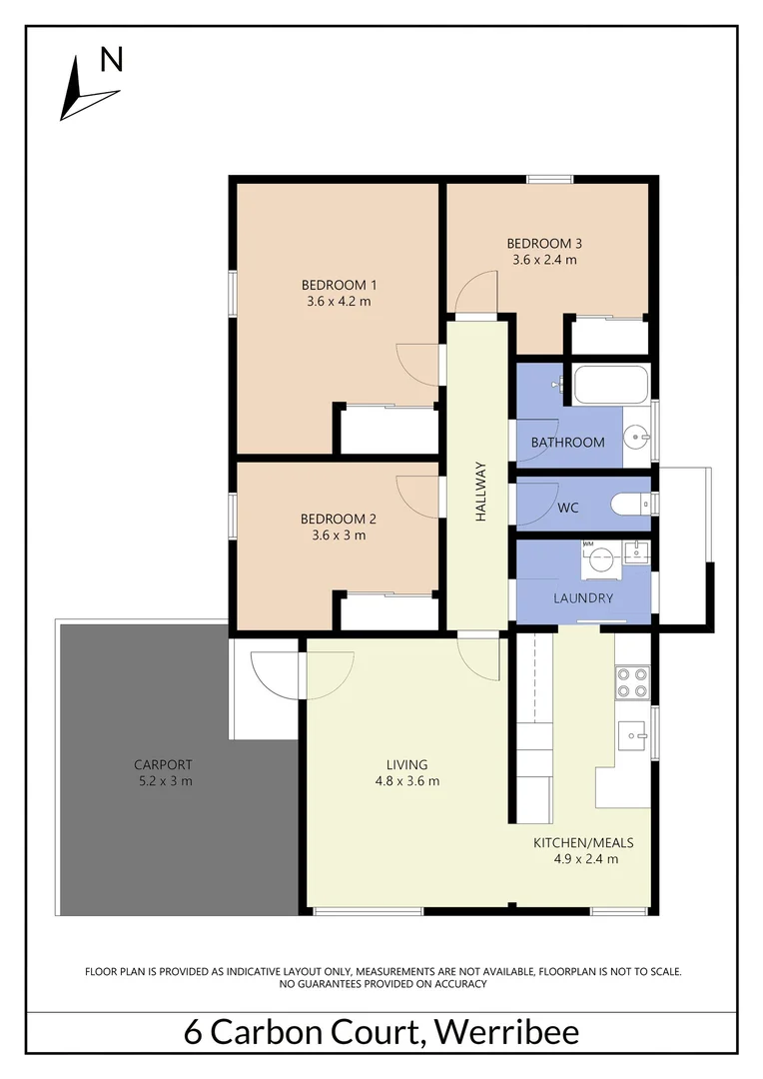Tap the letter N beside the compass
[112, 61]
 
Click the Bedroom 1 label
[338, 285]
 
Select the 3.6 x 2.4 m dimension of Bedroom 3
[544, 260]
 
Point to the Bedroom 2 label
[338, 519]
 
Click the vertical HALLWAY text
[480, 492]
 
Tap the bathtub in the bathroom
[609, 384]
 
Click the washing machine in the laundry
[597, 560]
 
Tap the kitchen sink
[631, 736]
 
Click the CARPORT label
[163, 765]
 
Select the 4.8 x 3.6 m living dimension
[400, 781]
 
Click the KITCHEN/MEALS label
[585, 842]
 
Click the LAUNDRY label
[583, 598]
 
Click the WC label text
[568, 508]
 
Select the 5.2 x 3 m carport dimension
[163, 781]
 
